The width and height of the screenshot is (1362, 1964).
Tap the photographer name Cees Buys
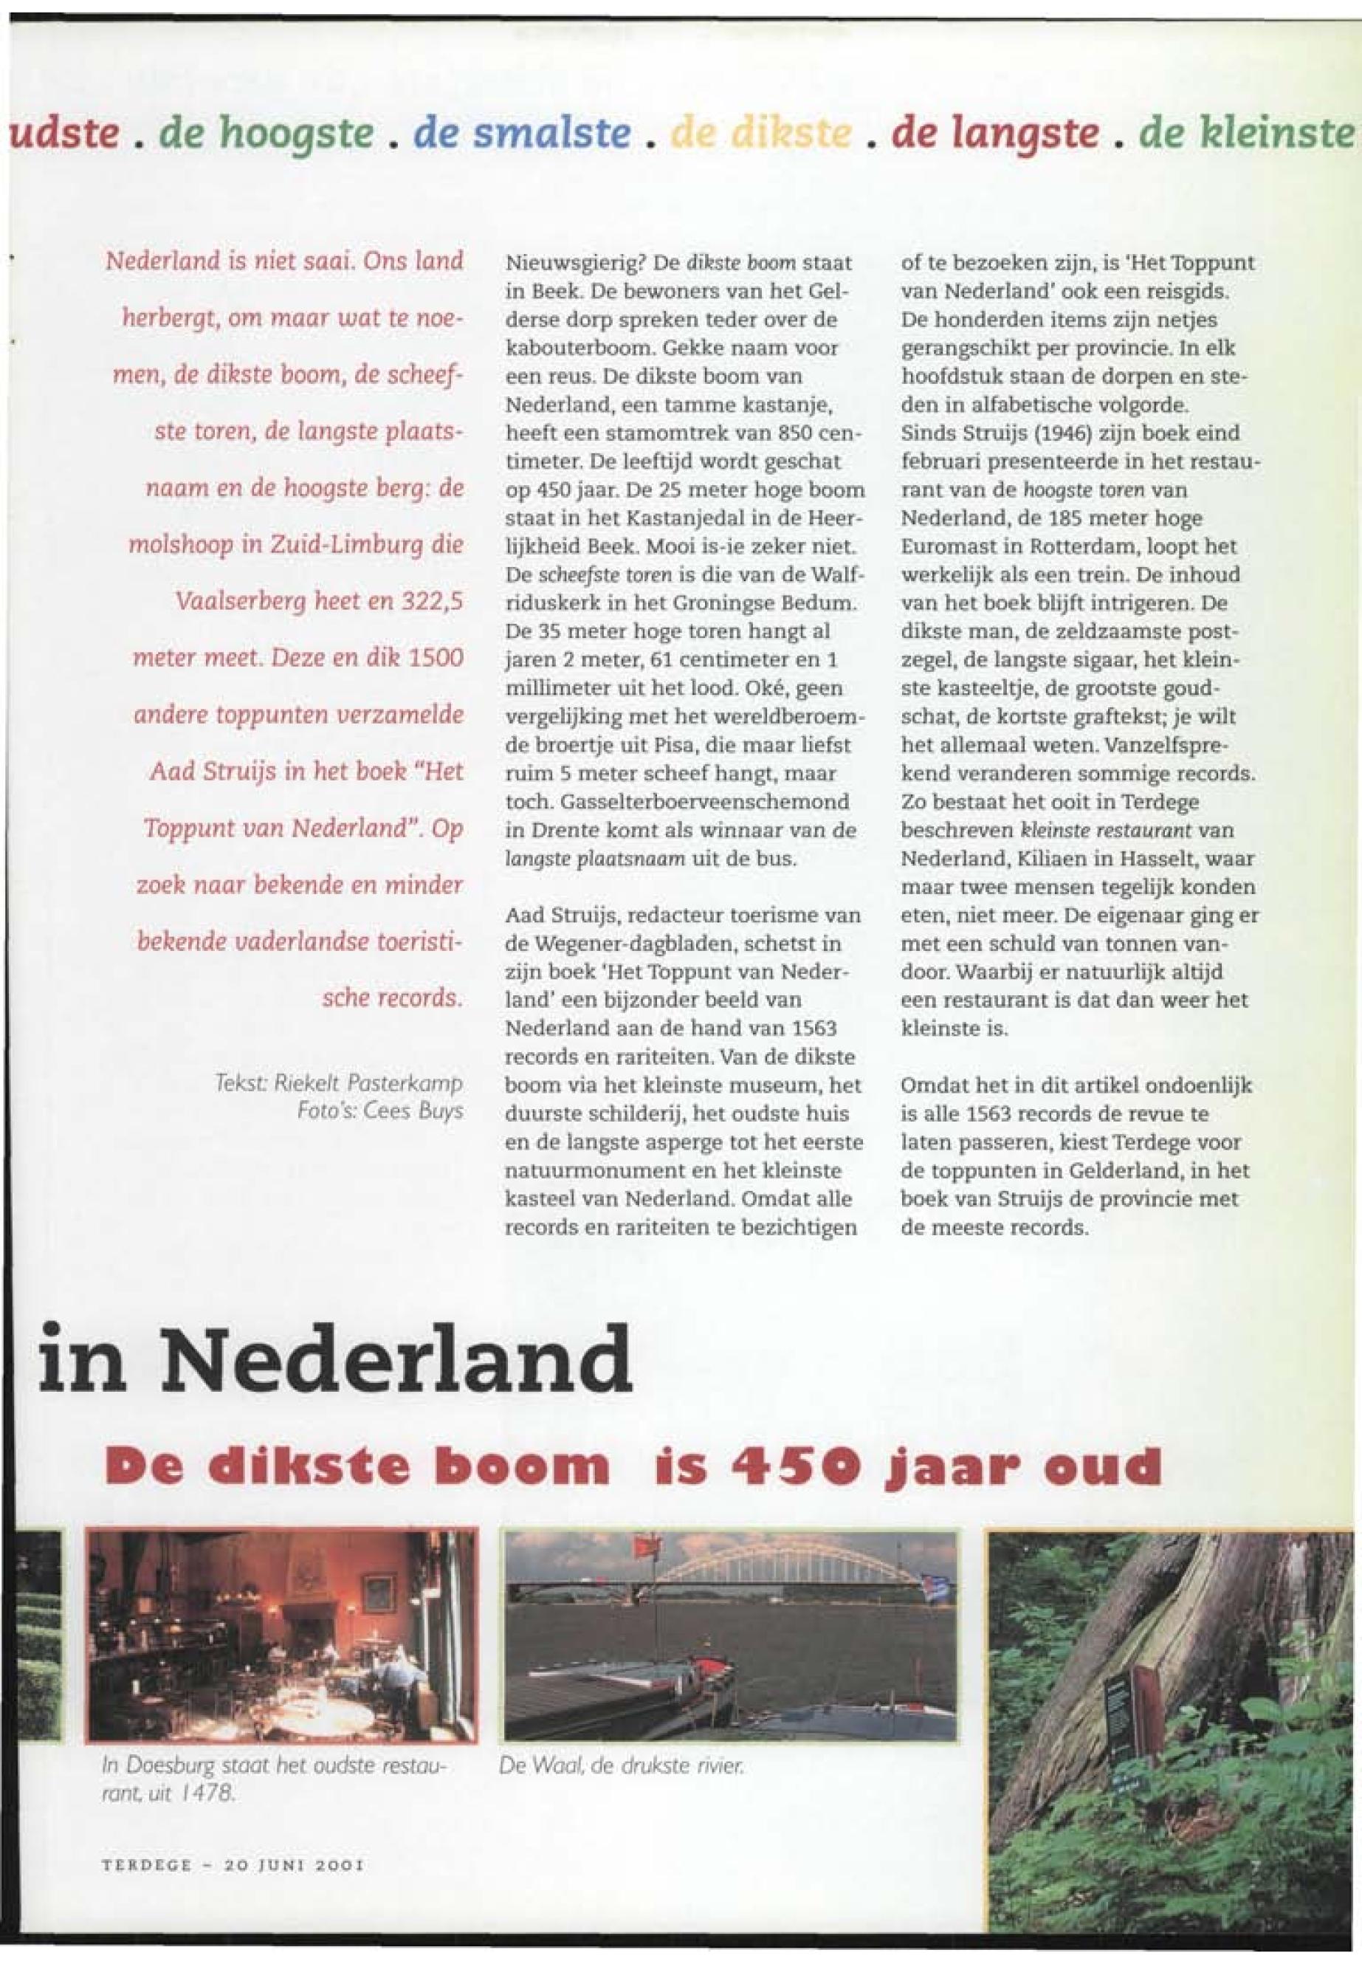tap(411, 1110)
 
